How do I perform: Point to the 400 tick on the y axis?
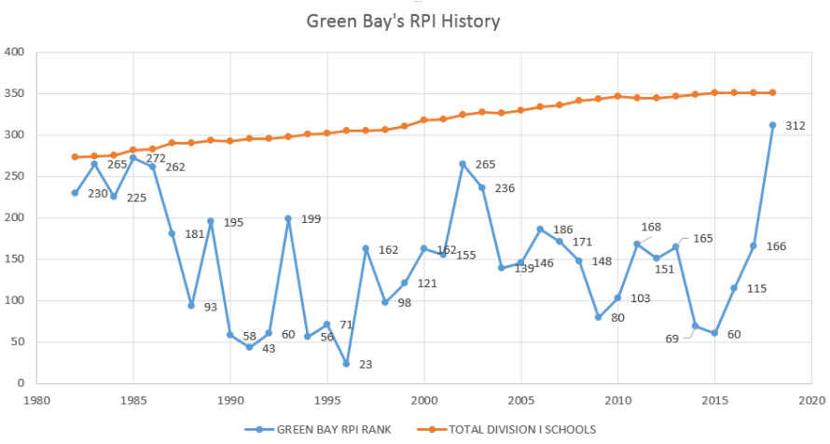[13, 52]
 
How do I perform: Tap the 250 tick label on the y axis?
[13, 176]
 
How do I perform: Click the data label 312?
[795, 126]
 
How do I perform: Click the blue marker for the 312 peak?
[772, 125]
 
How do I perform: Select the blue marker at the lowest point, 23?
[346, 364]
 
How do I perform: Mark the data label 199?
[311, 219]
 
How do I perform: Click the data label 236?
[505, 188]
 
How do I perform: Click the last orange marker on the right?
[772, 92]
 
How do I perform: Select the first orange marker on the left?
[75, 157]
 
